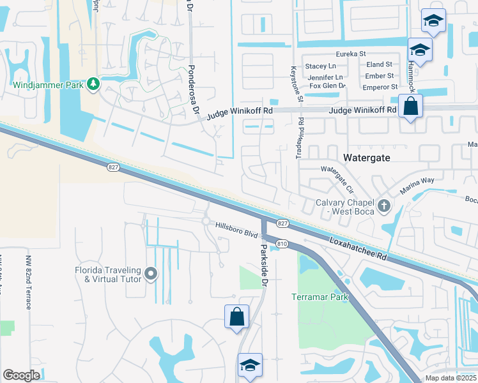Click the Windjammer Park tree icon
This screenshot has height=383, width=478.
(x=93, y=84)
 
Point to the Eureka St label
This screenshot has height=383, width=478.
(x=353, y=54)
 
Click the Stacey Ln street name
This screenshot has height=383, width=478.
(x=320, y=66)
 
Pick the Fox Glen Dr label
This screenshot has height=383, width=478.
(x=327, y=86)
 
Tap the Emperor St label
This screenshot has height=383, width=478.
(x=380, y=86)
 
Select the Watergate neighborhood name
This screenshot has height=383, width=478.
(x=367, y=156)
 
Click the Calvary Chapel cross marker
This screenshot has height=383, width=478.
(x=383, y=206)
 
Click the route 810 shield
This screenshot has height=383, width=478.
(x=282, y=243)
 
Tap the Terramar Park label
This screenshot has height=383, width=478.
(x=320, y=297)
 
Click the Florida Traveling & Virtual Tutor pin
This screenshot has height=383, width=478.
(x=151, y=274)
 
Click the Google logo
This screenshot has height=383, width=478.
(x=22, y=375)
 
